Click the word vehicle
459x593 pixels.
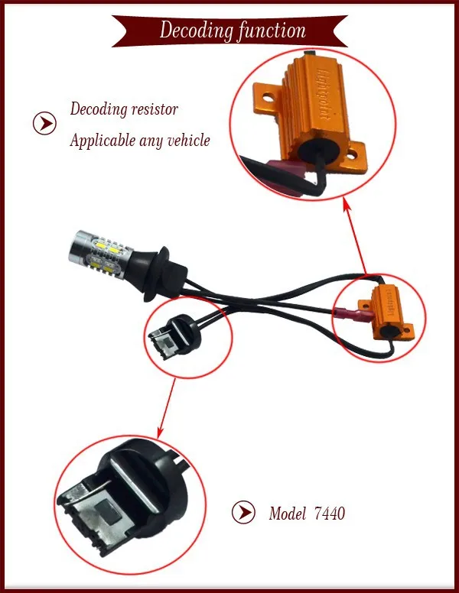pos(185,141)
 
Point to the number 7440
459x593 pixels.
pos(329,514)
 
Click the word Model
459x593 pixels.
pos(287,514)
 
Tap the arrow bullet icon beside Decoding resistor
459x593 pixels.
pos(46,123)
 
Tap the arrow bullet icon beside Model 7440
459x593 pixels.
pos(243,514)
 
